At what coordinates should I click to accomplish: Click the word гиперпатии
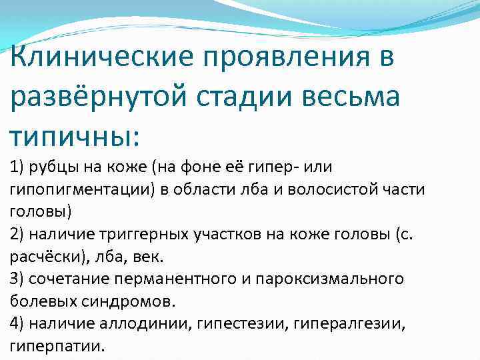57,347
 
